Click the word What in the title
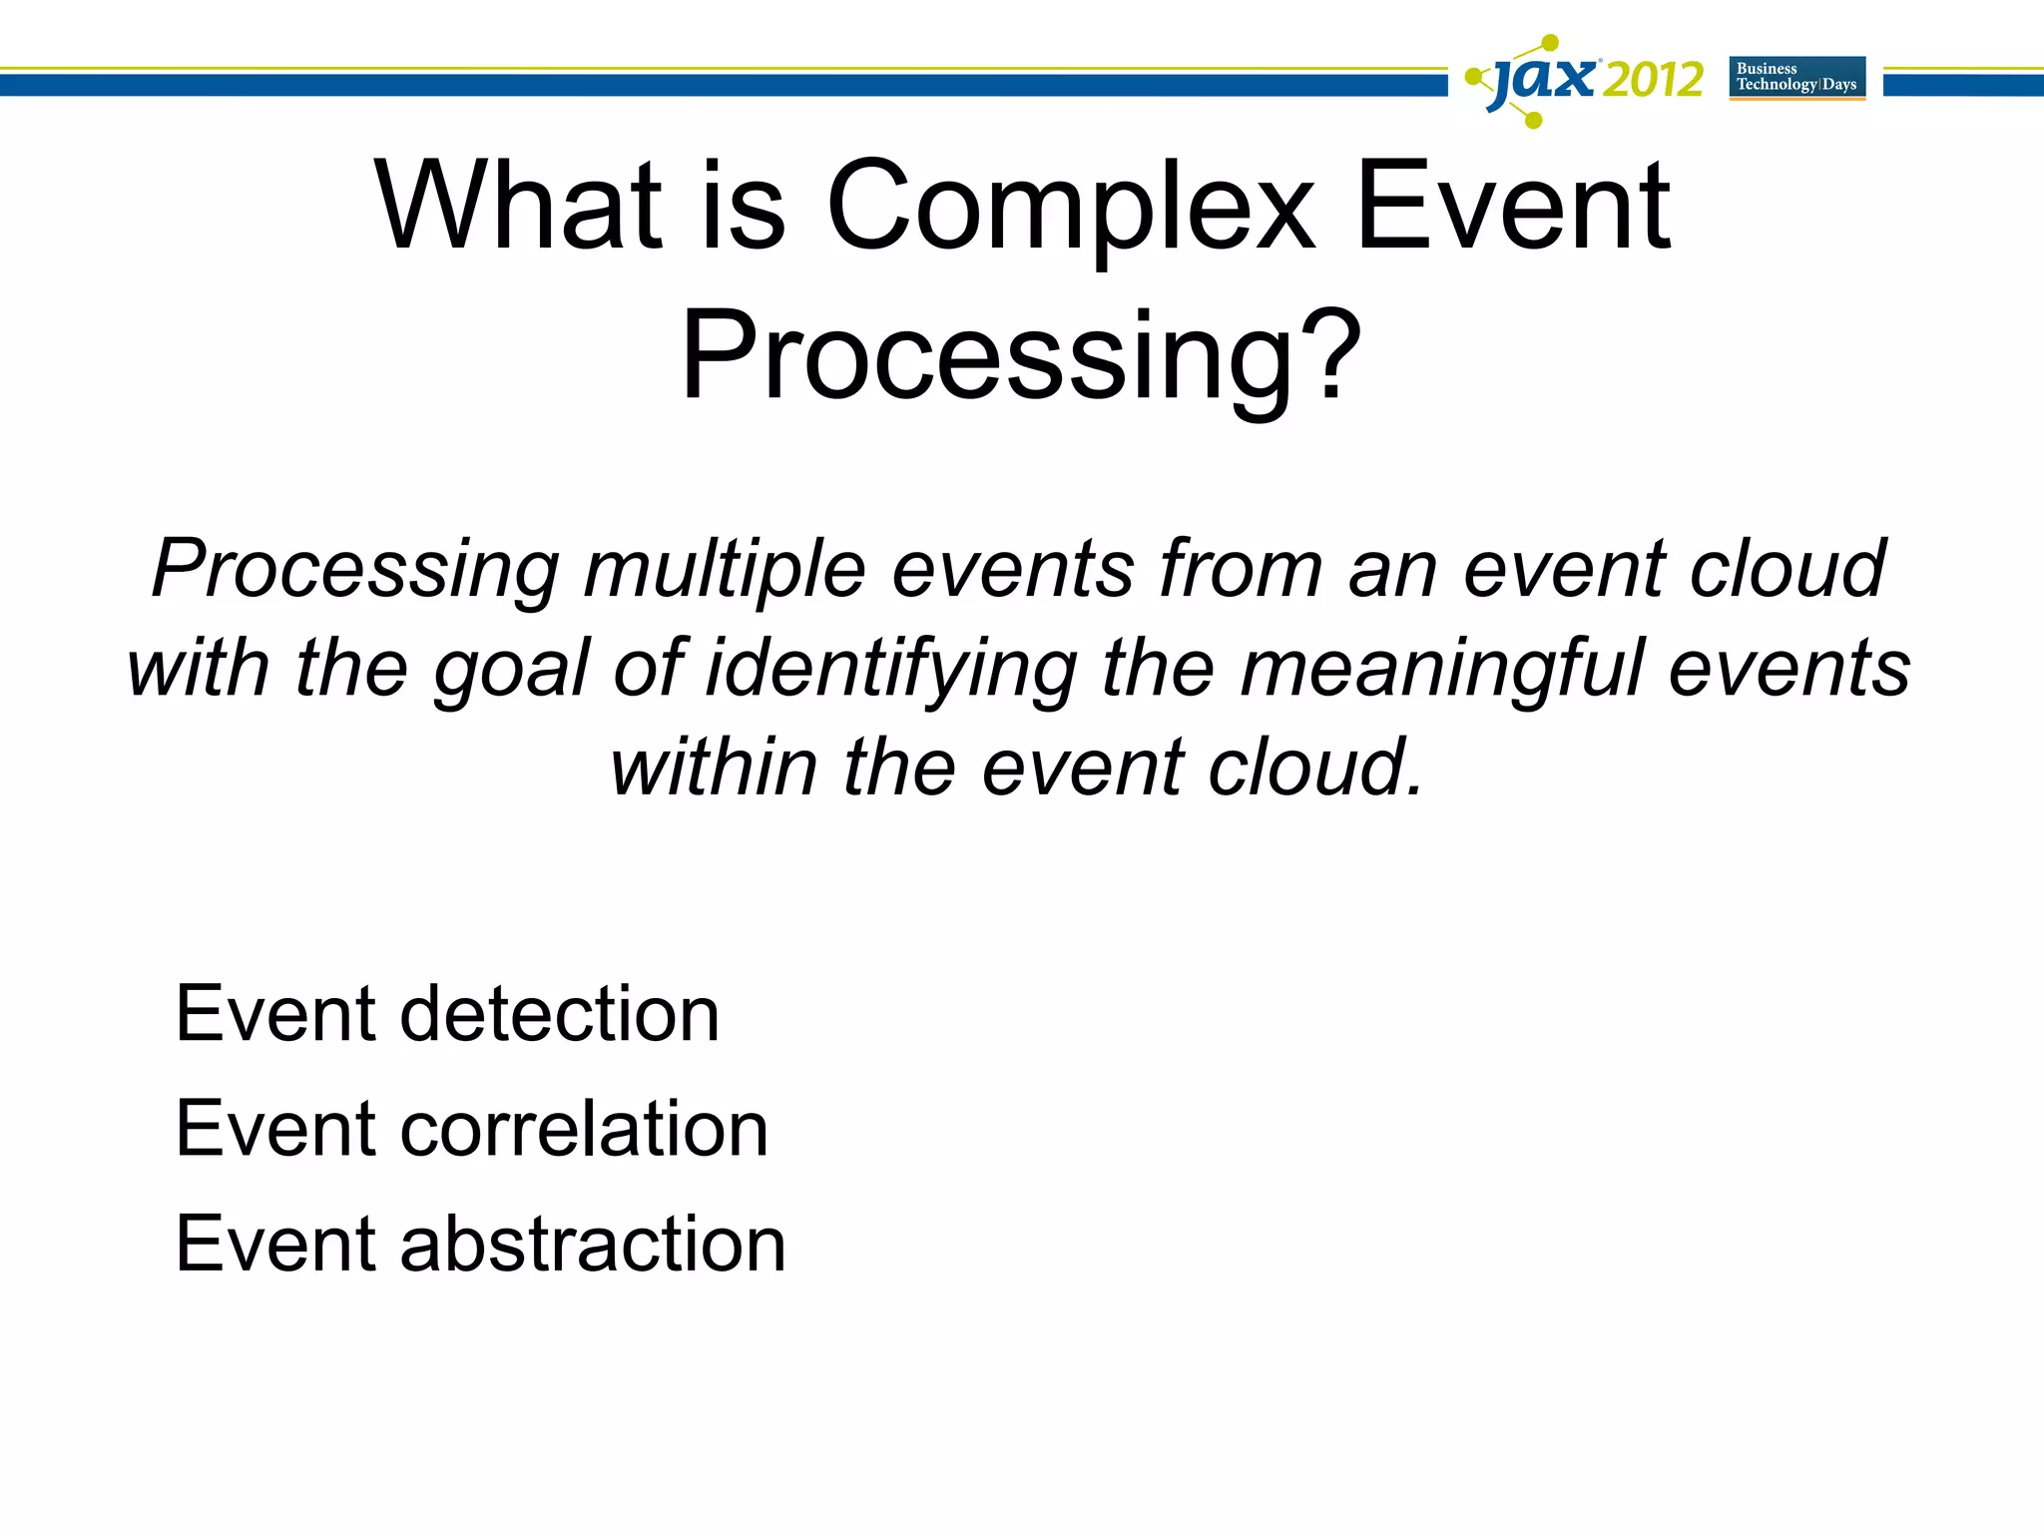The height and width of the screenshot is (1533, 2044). [x=519, y=207]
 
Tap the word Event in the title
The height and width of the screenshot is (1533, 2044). [x=1512, y=207]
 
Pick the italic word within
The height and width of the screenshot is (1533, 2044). [x=714, y=766]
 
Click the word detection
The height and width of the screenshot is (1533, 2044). [x=559, y=1014]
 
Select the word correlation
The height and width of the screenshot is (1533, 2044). [x=584, y=1130]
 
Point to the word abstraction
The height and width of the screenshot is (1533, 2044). [x=593, y=1245]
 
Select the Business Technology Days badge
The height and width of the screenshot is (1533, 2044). [x=1796, y=78]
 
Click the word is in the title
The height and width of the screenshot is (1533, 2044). [x=743, y=207]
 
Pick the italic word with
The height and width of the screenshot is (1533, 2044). [x=198, y=669]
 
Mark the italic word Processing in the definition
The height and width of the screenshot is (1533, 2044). [x=355, y=570]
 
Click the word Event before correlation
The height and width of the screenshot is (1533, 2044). [x=275, y=1130]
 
